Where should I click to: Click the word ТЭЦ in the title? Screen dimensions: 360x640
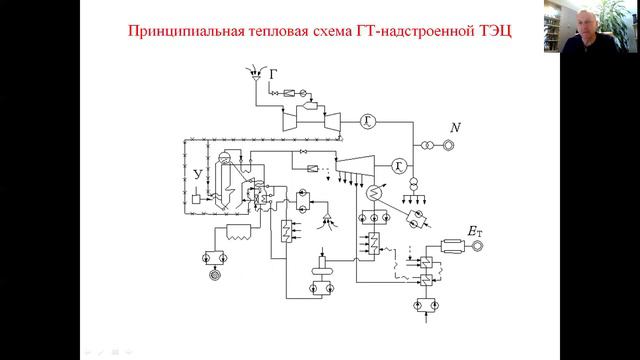click(491, 30)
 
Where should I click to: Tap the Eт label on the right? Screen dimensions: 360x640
click(475, 232)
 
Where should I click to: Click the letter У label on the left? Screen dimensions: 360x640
click(198, 175)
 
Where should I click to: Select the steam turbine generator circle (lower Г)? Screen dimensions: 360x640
click(399, 164)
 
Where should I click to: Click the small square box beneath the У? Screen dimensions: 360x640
click(203, 198)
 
